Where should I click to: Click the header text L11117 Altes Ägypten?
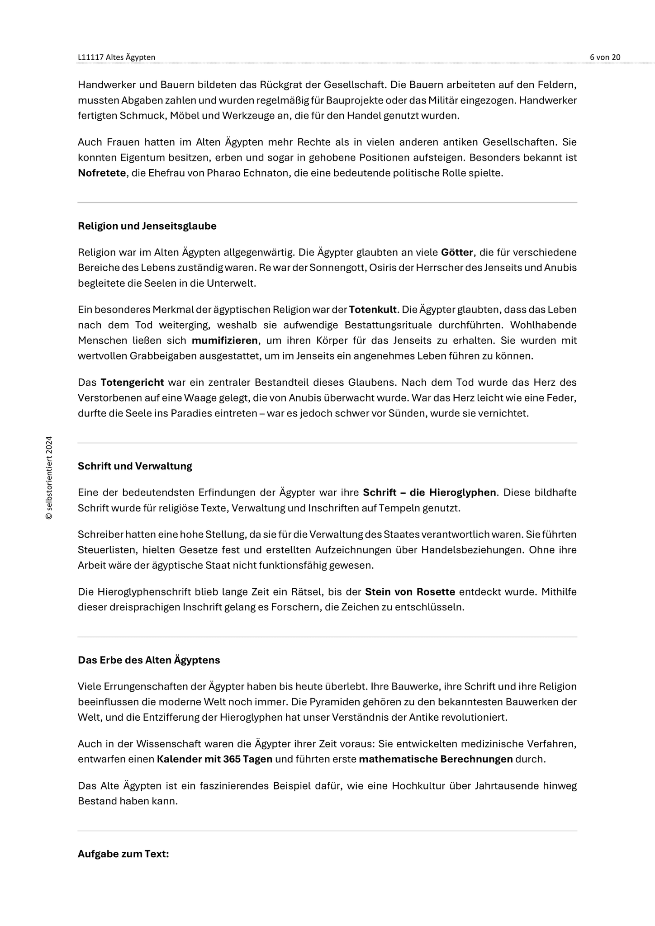pyautogui.click(x=116, y=57)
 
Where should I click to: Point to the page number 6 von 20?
pyautogui.click(x=605, y=57)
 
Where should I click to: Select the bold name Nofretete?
pyautogui.click(x=102, y=173)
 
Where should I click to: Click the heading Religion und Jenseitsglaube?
pyautogui.click(x=147, y=226)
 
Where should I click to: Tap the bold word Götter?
pyautogui.click(x=457, y=252)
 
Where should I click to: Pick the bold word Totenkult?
pyautogui.click(x=373, y=310)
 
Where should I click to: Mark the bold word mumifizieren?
pyautogui.click(x=225, y=340)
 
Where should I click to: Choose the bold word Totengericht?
pyautogui.click(x=132, y=383)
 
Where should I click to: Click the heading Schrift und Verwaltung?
pyautogui.click(x=135, y=466)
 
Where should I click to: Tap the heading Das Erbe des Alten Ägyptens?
pyautogui.click(x=149, y=660)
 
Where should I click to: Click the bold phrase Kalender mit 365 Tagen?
pyautogui.click(x=214, y=759)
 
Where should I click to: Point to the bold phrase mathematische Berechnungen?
pyautogui.click(x=436, y=759)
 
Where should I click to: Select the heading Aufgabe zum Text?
pyautogui.click(x=123, y=854)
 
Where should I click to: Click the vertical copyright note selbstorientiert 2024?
pyautogui.click(x=49, y=477)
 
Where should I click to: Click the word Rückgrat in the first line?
pyautogui.click(x=280, y=85)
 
